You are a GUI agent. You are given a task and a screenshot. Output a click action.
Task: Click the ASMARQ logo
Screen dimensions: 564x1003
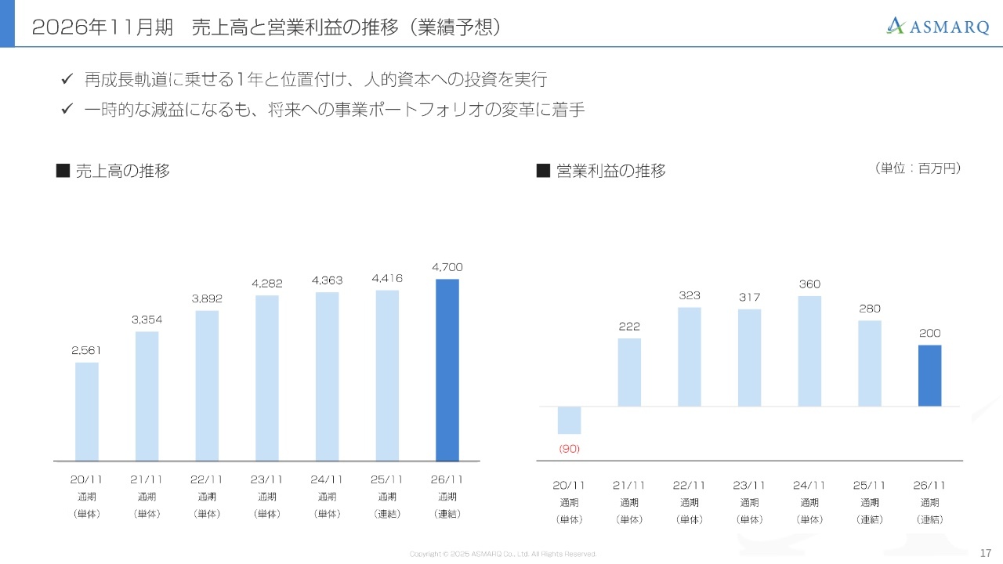(938, 26)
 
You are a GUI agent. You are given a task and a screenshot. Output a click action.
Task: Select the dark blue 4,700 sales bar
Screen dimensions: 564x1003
(447, 370)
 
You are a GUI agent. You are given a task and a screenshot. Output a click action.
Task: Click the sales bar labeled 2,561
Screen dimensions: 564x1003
(87, 411)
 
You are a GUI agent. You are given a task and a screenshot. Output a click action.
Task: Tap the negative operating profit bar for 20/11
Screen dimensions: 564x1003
(569, 420)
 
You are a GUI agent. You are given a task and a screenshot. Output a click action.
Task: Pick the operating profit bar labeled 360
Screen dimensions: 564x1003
(809, 351)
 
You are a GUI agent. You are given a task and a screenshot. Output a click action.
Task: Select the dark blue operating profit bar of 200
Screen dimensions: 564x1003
(929, 375)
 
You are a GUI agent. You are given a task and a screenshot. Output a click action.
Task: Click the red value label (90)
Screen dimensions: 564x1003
(569, 449)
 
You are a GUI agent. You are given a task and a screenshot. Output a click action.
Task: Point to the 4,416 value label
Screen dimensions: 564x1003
(387, 278)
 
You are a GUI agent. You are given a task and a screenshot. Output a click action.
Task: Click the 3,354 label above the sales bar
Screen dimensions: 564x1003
(147, 319)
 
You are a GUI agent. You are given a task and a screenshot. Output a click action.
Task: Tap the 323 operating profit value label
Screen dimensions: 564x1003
(690, 295)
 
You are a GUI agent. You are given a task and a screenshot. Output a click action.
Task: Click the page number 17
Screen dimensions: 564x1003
(986, 553)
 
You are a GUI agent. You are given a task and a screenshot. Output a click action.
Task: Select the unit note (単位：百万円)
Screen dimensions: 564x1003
(916, 168)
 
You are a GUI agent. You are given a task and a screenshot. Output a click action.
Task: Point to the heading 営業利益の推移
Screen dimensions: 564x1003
(610, 171)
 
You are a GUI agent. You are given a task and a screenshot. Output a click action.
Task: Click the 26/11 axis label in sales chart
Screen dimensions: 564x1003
(447, 479)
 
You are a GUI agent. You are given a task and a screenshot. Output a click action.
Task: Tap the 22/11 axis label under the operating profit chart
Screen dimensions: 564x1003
(690, 486)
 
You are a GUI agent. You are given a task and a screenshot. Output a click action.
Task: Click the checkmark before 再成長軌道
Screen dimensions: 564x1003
(67, 80)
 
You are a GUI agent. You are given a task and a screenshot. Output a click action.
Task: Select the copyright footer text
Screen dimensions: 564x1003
(502, 554)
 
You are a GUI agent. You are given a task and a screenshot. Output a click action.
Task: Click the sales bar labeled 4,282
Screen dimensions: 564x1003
(267, 378)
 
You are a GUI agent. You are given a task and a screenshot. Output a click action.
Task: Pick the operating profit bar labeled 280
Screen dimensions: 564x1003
(870, 363)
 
